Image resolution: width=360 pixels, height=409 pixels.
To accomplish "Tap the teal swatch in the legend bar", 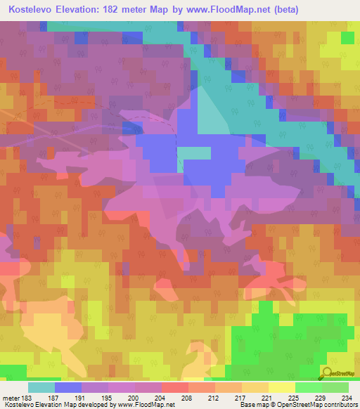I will pos(41,387).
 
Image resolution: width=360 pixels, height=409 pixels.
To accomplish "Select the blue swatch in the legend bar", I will pos(68,387).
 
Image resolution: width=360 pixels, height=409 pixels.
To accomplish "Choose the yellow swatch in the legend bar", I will pos(282,387).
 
